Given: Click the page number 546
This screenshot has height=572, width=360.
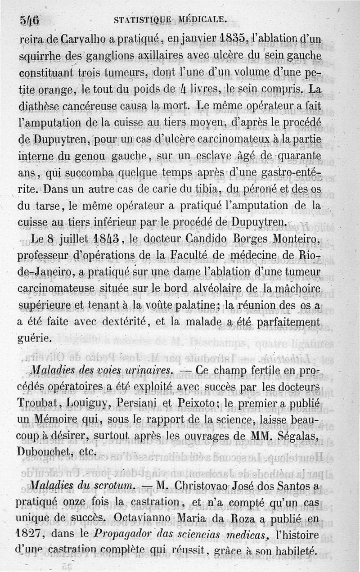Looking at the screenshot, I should click(x=30, y=20).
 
